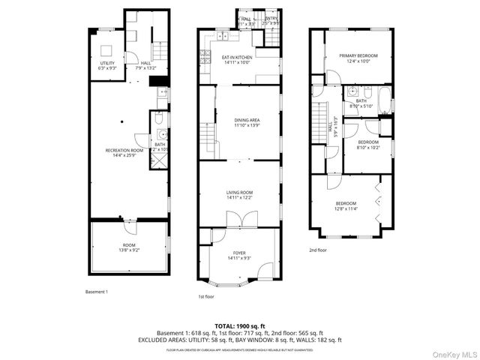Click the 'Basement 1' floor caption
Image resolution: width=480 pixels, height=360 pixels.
(x=97, y=291)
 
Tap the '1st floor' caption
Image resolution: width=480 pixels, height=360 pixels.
(x=207, y=296)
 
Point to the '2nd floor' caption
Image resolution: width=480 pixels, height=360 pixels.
(x=318, y=250)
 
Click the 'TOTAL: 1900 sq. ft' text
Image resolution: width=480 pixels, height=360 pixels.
(x=239, y=326)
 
